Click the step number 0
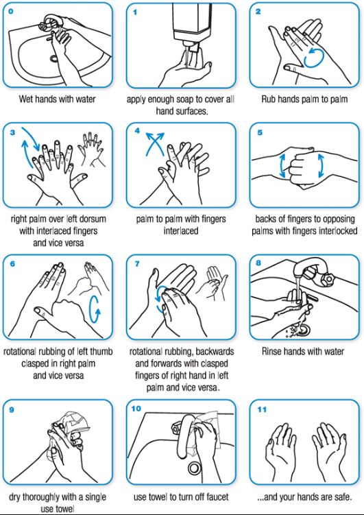tap(11, 12)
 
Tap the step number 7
tap(137, 264)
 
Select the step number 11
tap(262, 409)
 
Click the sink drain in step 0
tap(54, 59)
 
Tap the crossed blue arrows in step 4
tap(155, 143)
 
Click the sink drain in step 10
tap(194, 468)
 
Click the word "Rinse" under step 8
tap(271, 351)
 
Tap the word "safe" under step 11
tap(342, 497)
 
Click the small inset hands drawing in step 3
tap(92, 149)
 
